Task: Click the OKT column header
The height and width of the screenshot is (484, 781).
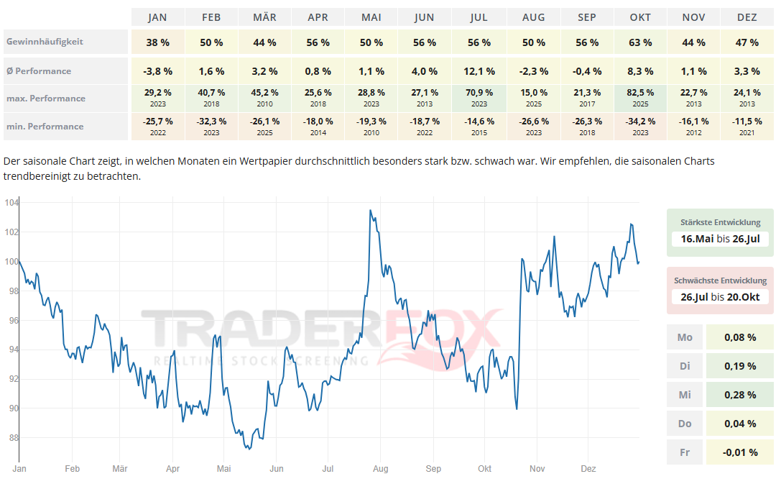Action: (639, 17)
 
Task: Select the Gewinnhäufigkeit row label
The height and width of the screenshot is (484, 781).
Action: (45, 42)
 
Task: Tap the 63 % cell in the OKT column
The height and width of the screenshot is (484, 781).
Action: (639, 42)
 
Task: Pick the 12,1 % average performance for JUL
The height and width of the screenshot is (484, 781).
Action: (479, 71)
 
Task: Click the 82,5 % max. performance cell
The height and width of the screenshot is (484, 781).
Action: (639, 93)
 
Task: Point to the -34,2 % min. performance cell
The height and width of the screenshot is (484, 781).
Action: (639, 122)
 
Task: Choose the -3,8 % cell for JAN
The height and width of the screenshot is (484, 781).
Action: (157, 71)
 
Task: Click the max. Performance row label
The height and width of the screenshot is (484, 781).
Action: (45, 99)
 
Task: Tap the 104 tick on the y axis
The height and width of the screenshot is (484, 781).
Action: (11, 203)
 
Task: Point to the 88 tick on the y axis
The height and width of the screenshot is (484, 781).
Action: (12, 437)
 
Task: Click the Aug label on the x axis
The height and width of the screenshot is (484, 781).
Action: (380, 469)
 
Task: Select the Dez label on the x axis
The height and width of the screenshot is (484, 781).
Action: (588, 469)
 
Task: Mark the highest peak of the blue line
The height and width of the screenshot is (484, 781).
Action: (370, 210)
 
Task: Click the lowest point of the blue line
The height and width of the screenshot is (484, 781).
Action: (248, 449)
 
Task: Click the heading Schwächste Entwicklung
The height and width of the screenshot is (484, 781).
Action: (720, 280)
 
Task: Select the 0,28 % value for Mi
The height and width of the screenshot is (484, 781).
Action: (740, 395)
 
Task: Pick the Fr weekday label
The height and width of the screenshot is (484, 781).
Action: (685, 452)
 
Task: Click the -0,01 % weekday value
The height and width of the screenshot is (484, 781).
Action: (740, 452)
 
